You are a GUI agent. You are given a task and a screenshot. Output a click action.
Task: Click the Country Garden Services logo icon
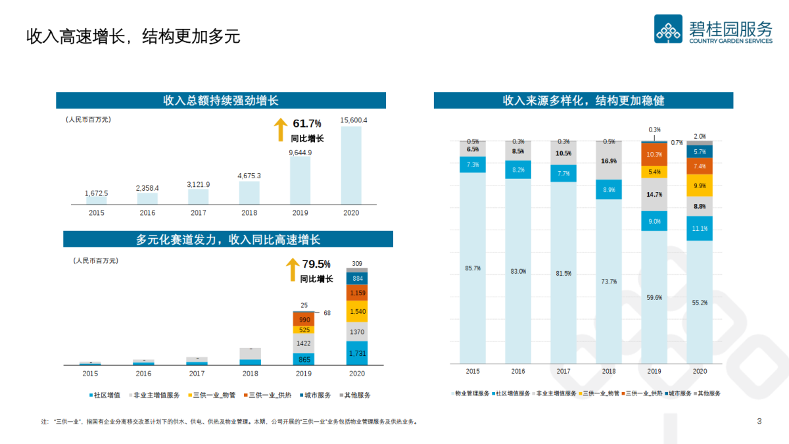(668, 29)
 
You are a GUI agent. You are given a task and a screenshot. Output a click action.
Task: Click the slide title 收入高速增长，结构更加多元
(133, 36)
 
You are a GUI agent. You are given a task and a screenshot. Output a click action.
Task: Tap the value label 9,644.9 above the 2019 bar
(300, 153)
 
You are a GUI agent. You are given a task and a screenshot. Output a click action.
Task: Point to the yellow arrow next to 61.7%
(281, 130)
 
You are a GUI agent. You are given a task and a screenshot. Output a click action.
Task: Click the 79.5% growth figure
(316, 264)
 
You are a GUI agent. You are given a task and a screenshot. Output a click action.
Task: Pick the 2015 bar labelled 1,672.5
(97, 200)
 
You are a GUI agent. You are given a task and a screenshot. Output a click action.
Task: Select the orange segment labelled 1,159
(358, 293)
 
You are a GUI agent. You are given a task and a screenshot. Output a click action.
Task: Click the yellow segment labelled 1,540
(358, 311)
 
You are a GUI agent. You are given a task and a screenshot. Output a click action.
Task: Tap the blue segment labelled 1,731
(358, 353)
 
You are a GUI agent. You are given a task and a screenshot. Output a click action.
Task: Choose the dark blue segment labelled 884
(358, 278)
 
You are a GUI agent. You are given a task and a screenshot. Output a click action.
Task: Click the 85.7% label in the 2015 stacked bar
(472, 268)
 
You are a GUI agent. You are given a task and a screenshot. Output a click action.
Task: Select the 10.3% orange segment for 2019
(654, 154)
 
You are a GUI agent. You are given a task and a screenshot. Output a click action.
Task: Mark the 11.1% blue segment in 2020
(700, 228)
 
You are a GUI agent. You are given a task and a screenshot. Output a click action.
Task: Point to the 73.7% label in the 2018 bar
(609, 282)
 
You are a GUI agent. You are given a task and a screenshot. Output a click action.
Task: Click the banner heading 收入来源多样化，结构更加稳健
(583, 101)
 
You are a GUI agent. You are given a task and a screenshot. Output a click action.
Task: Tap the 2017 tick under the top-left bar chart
(199, 213)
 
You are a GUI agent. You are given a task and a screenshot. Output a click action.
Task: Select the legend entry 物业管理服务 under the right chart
(471, 393)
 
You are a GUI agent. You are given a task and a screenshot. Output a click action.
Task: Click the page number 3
(759, 421)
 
